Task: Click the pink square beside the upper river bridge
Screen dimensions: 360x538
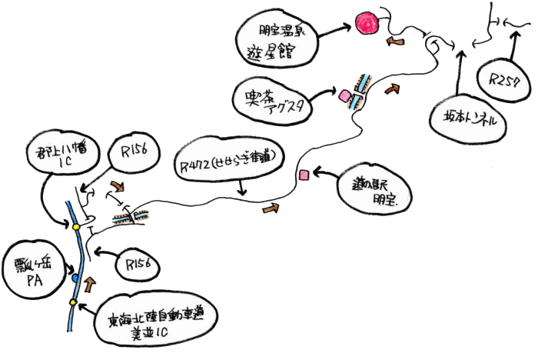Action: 344,96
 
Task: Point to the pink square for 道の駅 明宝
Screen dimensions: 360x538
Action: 304,175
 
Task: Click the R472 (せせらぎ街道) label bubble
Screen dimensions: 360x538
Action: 228,164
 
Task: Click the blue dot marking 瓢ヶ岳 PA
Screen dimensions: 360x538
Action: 76,276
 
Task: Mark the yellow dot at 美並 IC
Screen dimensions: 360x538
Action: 74,302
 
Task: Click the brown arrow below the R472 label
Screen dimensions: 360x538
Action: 271,208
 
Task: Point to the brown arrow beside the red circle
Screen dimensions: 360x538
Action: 397,38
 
